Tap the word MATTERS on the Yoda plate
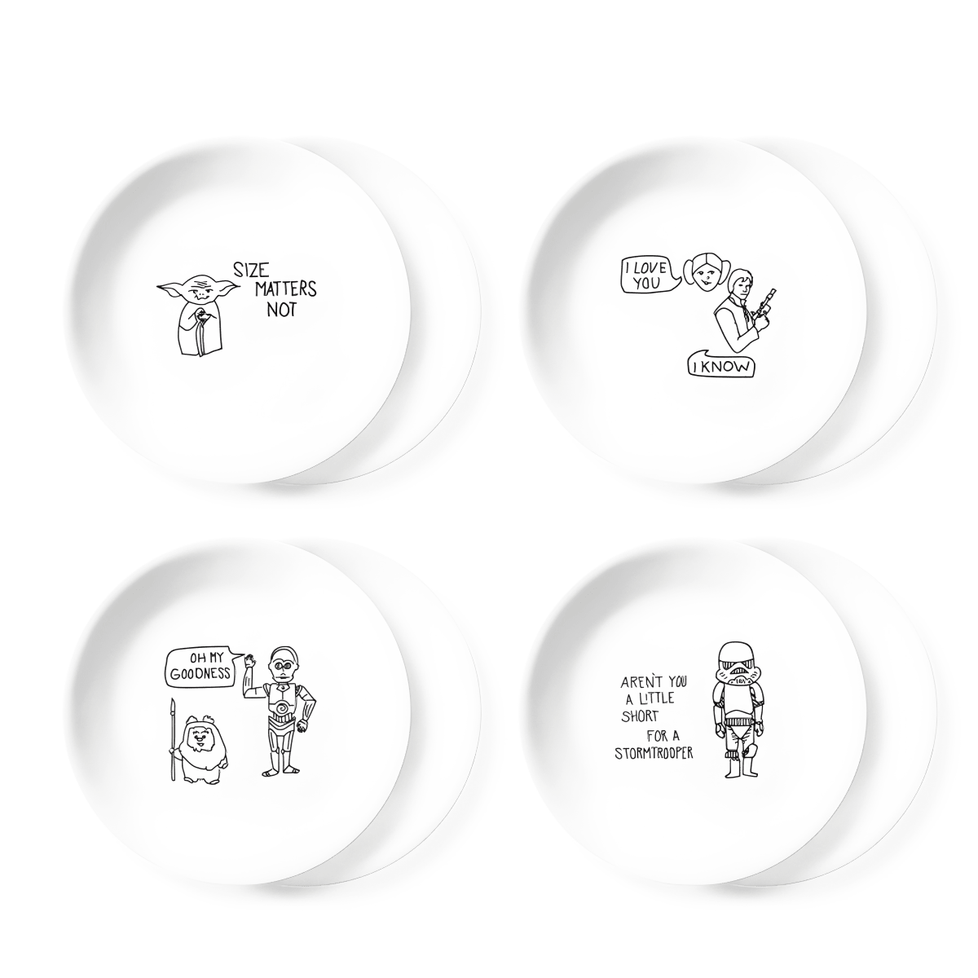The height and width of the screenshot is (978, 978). [286, 289]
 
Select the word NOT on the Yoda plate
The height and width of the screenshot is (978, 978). [281, 309]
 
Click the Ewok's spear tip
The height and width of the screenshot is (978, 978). [173, 706]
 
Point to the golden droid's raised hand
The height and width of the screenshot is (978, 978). [249, 660]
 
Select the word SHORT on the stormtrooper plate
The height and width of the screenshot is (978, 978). [640, 717]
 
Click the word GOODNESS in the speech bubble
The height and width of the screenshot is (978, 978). [200, 675]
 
